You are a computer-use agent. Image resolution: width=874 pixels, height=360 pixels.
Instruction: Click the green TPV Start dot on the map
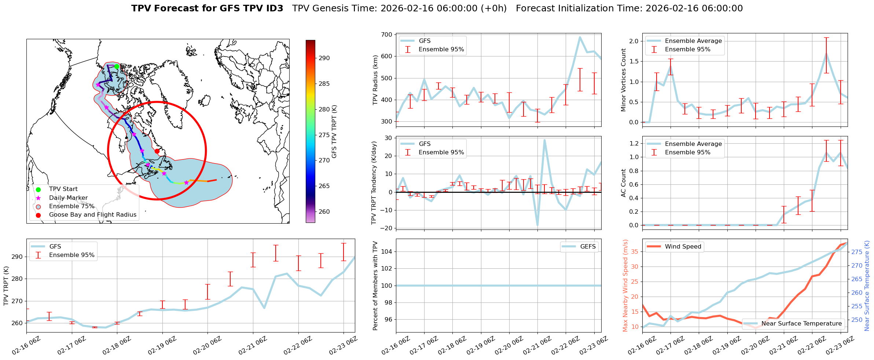click(117, 66)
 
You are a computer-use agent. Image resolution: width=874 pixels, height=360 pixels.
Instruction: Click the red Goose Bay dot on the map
click(157, 151)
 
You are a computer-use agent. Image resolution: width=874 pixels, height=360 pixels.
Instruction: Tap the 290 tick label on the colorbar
click(324, 58)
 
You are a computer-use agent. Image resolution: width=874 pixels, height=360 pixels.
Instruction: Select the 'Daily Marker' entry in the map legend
click(68, 198)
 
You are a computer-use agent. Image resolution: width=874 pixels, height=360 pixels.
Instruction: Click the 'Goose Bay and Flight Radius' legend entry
click(92, 214)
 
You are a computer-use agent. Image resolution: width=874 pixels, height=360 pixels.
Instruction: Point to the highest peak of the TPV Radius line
click(580, 37)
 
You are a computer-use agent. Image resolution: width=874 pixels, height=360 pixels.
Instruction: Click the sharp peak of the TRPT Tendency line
click(544, 140)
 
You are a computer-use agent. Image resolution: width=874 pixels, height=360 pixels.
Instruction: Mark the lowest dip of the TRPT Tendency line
click(537, 226)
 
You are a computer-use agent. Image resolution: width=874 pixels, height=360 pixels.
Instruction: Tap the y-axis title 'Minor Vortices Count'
click(624, 80)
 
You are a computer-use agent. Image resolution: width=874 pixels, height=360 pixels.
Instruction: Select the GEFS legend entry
click(588, 246)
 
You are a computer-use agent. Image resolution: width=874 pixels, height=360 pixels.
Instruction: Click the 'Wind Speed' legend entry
click(683, 246)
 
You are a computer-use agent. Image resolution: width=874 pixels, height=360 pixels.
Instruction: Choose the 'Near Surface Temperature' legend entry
click(801, 323)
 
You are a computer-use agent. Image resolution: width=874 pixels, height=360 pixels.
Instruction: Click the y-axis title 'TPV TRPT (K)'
click(6, 286)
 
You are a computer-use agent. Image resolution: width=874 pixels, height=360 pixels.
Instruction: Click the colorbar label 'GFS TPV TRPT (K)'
click(334, 131)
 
